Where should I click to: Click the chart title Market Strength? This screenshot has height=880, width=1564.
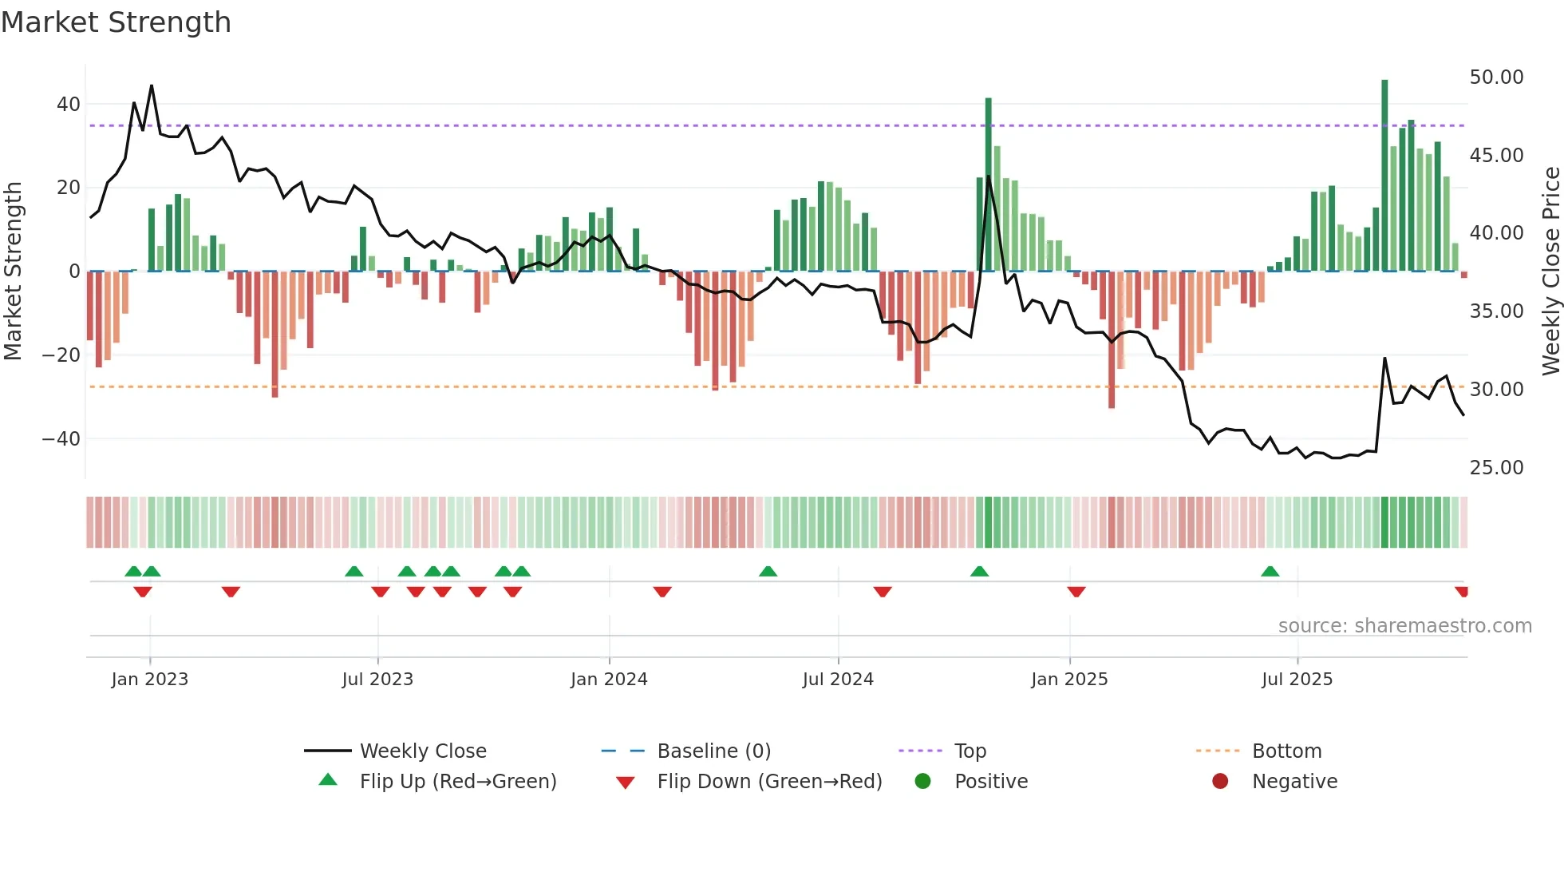116,22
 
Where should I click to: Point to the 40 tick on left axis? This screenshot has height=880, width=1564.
69,105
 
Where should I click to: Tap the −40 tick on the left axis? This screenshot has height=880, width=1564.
61,439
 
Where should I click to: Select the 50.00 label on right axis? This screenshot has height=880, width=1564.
1496,77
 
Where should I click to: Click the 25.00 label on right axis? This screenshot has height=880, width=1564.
1496,468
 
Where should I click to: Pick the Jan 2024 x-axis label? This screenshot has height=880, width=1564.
609,680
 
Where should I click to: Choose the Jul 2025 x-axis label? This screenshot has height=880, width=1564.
1297,680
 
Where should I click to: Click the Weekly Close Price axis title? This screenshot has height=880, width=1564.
1550,272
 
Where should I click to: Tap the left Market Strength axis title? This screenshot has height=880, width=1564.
13,272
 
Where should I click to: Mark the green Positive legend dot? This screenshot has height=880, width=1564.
923,782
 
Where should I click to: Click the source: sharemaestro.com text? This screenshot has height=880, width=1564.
1404,626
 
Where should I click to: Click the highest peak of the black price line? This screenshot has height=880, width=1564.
152,86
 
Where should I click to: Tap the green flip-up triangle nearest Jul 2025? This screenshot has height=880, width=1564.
1270,572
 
